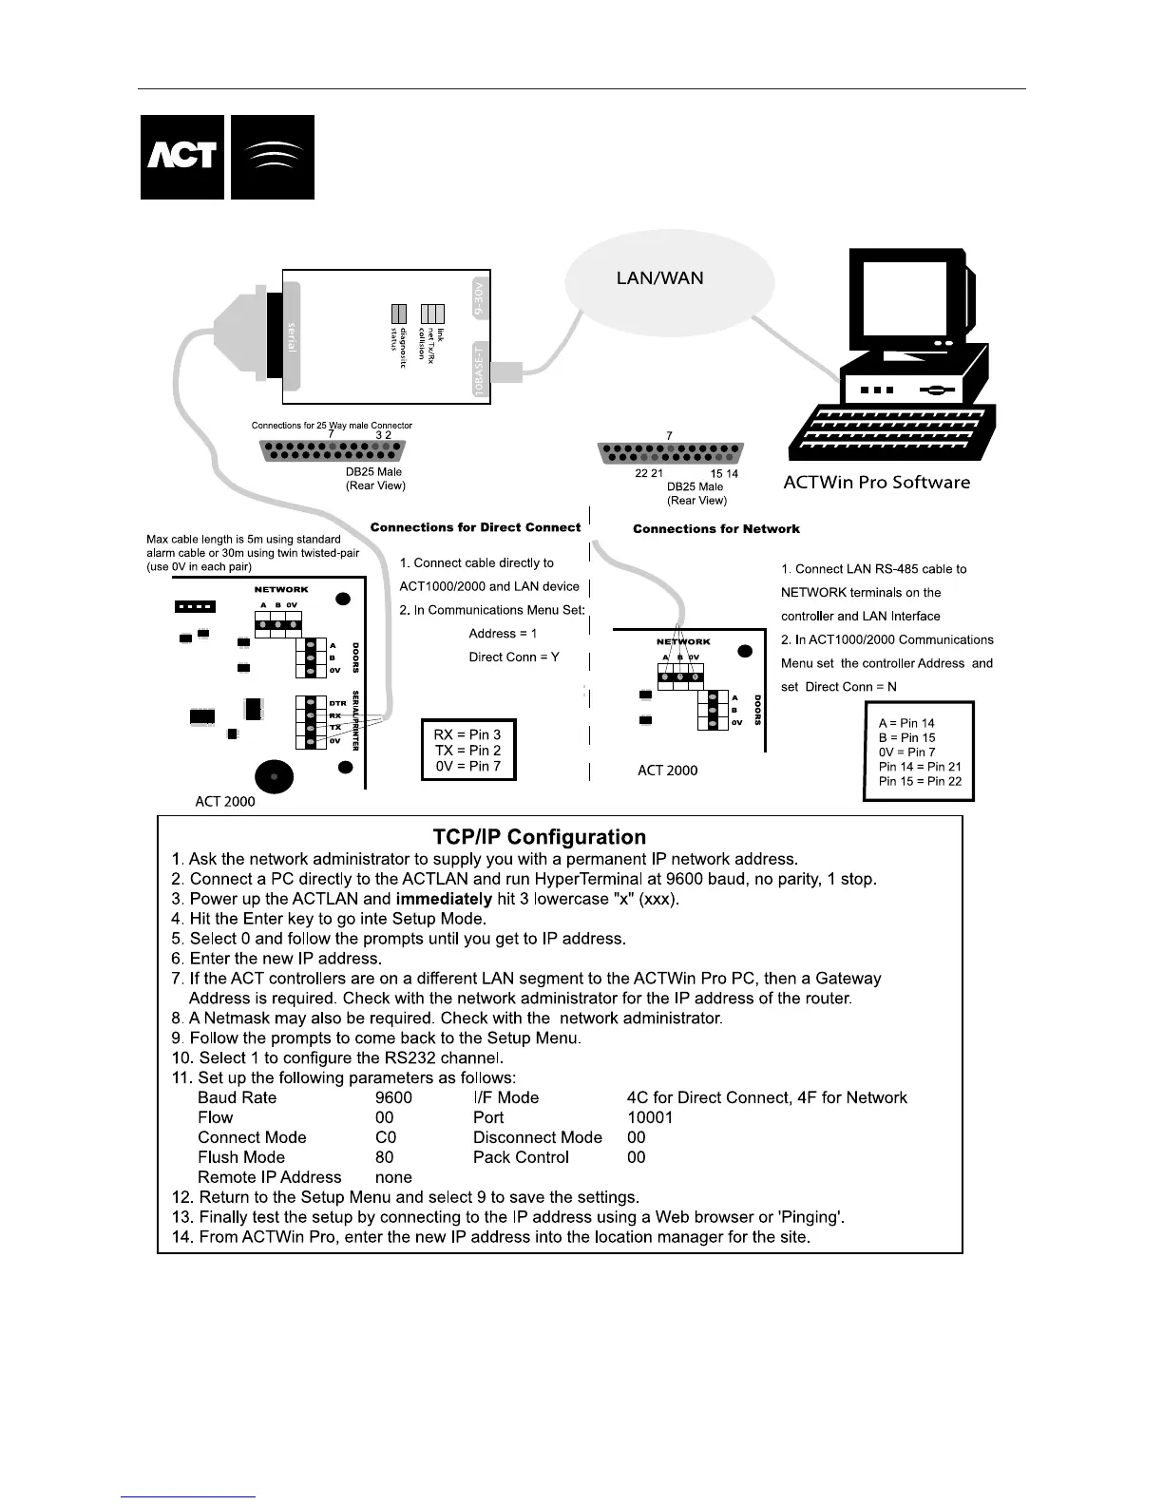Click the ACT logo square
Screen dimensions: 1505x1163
[182, 157]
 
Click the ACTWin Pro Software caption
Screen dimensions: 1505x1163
[876, 482]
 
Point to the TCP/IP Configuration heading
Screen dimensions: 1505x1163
[539, 837]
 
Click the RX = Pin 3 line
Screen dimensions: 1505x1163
[467, 734]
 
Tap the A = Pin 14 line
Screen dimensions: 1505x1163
[906, 723]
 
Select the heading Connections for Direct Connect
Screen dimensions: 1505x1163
[475, 527]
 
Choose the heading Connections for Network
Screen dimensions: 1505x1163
[716, 529]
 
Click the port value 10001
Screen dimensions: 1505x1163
[650, 1117]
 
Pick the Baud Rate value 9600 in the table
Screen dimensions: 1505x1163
[393, 1097]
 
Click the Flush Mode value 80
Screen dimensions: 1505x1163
[384, 1157]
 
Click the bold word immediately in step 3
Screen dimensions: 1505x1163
[444, 899]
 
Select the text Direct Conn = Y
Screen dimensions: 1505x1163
[514, 657]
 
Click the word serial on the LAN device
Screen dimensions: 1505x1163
[292, 336]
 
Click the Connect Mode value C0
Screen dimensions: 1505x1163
[386, 1137]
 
